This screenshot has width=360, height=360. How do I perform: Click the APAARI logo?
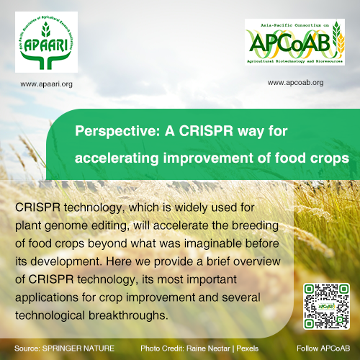coord(46,42)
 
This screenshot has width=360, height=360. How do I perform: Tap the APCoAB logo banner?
coord(294,42)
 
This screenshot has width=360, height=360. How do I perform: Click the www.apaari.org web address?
coord(46,84)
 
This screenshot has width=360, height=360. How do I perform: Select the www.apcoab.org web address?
coord(295,83)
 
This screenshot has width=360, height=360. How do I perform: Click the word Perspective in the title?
coord(117,131)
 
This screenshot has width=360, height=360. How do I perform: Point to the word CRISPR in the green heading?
coord(206,131)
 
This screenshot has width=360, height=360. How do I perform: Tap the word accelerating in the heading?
coord(117,158)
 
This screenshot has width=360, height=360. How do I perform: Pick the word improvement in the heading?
coord(208,158)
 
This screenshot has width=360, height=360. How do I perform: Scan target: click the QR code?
coord(326,306)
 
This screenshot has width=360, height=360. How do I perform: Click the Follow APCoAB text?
coord(323,348)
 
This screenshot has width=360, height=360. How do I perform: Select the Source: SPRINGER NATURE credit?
coord(64,348)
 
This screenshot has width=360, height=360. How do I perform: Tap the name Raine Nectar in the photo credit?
coord(208,348)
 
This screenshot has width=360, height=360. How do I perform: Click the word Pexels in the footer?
coord(247,348)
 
